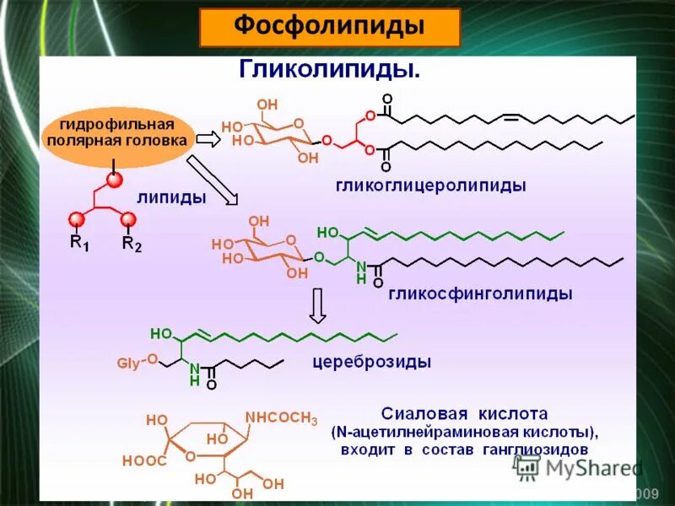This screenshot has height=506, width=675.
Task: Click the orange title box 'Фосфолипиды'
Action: (x=329, y=28)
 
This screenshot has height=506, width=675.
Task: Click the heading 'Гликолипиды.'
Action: (x=330, y=69)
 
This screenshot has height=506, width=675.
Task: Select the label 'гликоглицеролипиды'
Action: (x=431, y=185)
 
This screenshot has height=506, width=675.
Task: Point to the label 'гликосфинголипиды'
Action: (x=480, y=294)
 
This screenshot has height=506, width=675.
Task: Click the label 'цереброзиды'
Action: (x=372, y=363)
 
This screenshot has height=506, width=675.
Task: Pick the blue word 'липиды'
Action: (x=171, y=197)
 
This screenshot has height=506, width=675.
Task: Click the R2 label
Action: (x=132, y=244)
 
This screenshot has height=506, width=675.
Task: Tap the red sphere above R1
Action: (x=77, y=220)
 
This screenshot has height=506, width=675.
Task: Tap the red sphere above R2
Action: (x=128, y=220)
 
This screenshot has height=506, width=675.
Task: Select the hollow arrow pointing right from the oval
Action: (x=208, y=138)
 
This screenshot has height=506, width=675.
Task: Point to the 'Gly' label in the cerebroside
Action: (x=127, y=363)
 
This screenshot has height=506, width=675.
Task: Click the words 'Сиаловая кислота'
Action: (x=464, y=414)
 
